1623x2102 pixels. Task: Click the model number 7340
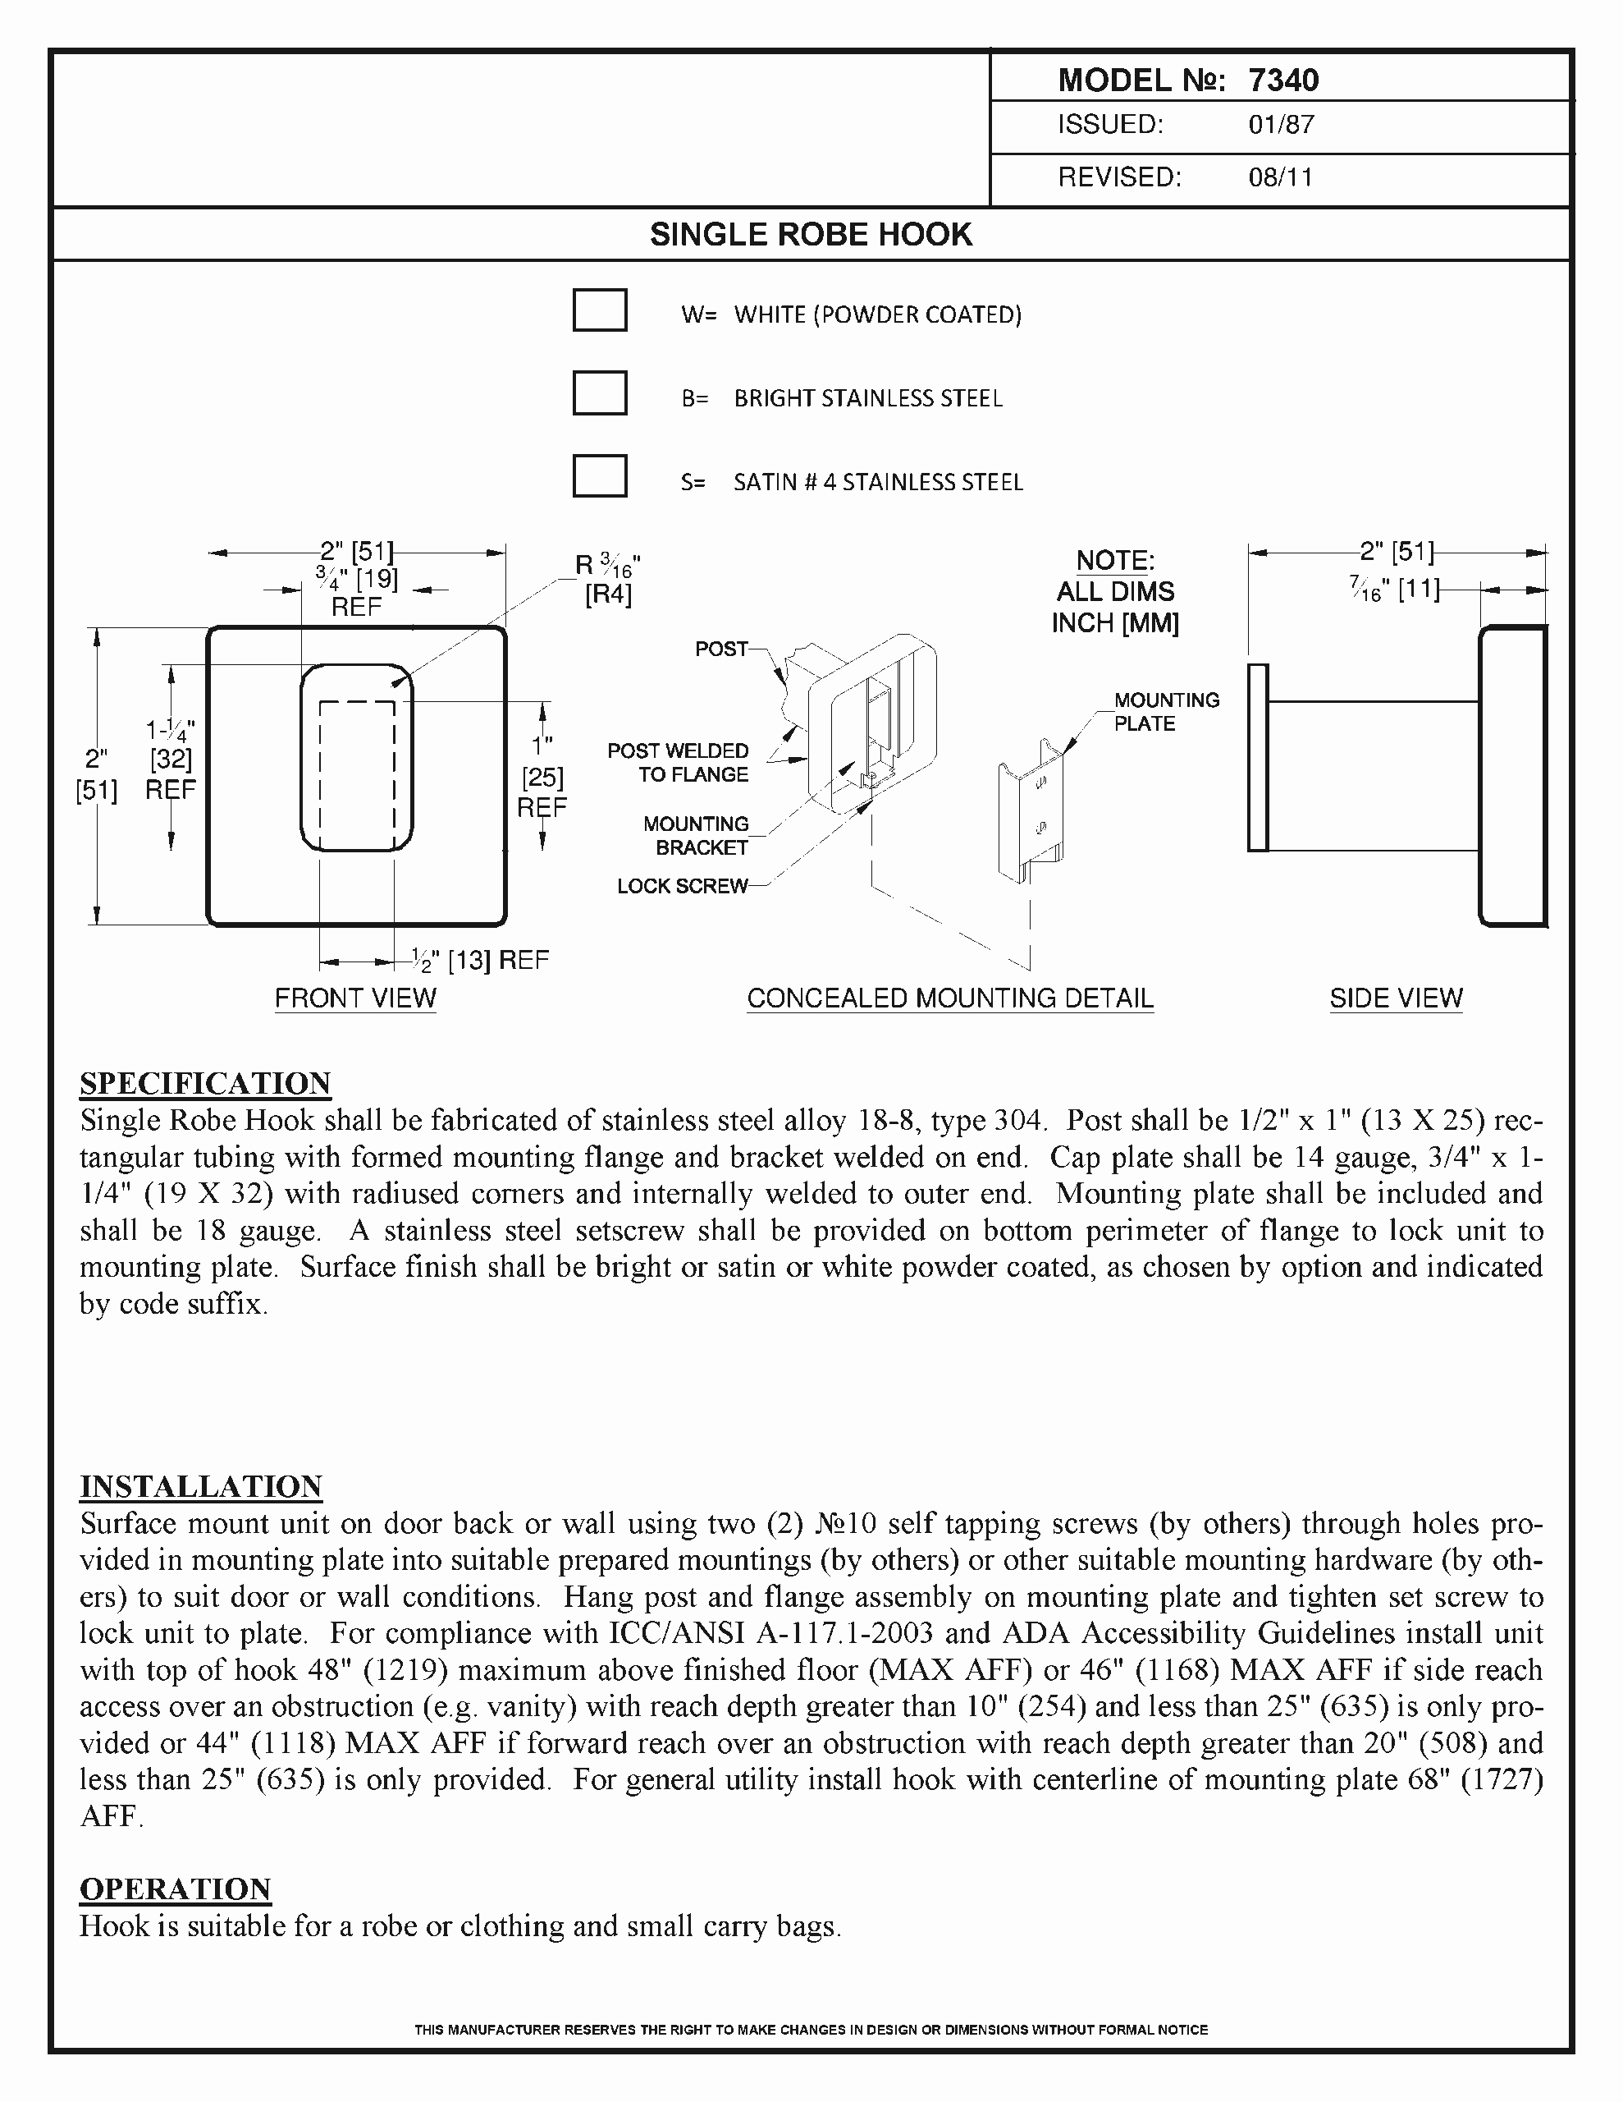(x=1283, y=80)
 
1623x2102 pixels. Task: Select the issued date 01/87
(x=1282, y=125)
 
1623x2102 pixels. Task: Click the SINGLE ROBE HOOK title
(x=811, y=235)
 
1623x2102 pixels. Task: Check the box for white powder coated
(x=599, y=310)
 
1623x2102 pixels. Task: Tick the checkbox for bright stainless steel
(x=599, y=392)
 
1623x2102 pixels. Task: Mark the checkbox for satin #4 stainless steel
(x=599, y=475)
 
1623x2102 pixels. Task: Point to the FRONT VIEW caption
(x=355, y=998)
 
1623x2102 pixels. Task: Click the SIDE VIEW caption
(x=1396, y=998)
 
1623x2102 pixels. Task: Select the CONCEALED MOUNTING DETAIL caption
(x=949, y=998)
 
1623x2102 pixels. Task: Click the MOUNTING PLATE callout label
(x=1166, y=712)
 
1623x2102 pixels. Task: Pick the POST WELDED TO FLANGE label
(x=679, y=762)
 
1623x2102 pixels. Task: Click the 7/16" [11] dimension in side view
(x=1394, y=589)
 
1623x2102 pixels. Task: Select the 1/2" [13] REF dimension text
(x=480, y=960)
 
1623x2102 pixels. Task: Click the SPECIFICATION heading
(x=205, y=1083)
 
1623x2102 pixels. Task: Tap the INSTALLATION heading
(x=201, y=1486)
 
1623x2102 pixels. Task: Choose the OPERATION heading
(x=175, y=1889)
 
